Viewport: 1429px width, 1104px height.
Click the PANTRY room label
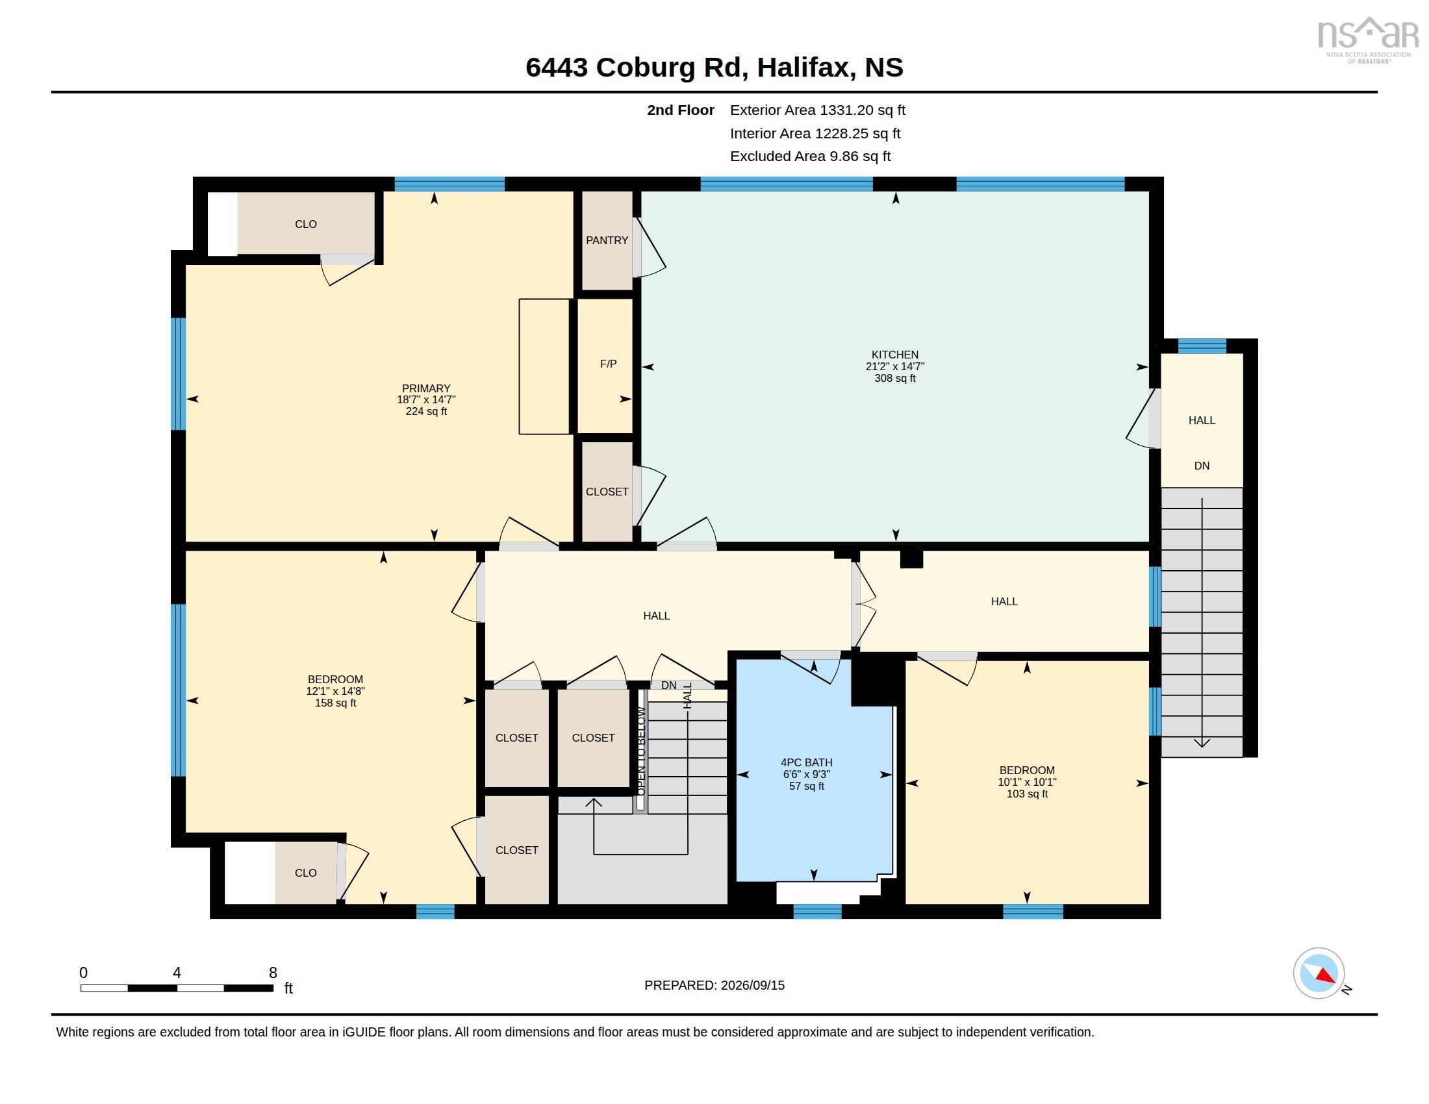click(x=607, y=240)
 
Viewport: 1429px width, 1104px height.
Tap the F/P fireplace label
click(x=608, y=364)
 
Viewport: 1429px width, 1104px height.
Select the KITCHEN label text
click(x=894, y=355)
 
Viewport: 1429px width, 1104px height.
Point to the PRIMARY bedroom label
click(x=426, y=388)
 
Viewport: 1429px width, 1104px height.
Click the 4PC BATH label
click(x=806, y=762)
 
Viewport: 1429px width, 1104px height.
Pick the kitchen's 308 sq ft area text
click(x=894, y=378)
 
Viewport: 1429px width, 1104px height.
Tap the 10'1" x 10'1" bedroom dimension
click(x=1026, y=781)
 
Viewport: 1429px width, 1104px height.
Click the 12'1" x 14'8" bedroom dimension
click(x=335, y=691)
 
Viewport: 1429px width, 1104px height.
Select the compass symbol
click(x=1319, y=973)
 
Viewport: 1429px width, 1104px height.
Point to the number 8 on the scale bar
click(x=273, y=973)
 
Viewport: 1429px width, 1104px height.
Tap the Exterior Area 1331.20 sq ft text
click(x=817, y=110)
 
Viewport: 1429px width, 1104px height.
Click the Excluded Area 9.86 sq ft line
click(x=810, y=156)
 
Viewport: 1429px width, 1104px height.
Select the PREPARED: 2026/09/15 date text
click(x=714, y=985)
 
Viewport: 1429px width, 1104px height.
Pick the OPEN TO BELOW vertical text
click(x=641, y=751)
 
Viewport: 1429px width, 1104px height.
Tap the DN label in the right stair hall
click(x=1201, y=466)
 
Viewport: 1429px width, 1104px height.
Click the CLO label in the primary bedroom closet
click(x=305, y=223)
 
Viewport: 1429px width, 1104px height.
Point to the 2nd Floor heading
click(x=681, y=110)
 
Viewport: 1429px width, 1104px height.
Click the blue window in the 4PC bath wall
click(x=817, y=911)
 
